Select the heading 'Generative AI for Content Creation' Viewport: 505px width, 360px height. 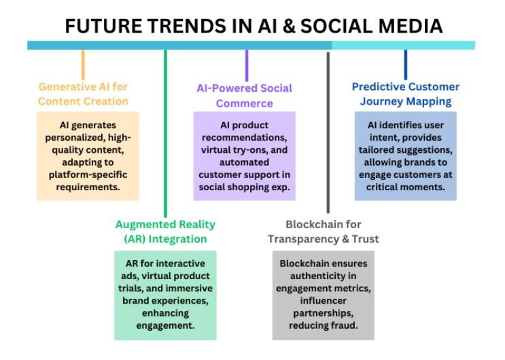click(83, 94)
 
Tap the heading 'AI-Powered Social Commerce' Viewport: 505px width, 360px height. click(244, 96)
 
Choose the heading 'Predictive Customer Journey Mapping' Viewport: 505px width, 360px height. click(405, 94)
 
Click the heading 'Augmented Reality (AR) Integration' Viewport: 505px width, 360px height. click(165, 232)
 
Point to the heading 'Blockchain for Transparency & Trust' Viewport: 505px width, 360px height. click(323, 232)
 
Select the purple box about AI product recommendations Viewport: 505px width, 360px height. click(244, 156)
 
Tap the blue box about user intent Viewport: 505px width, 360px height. click(405, 156)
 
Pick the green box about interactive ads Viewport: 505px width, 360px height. click(165, 295)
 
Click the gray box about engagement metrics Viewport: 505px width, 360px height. click(323, 295)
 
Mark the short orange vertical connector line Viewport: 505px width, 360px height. click(84, 65)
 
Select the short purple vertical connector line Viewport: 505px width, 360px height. click(246, 65)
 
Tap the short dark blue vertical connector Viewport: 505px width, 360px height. click(406, 65)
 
